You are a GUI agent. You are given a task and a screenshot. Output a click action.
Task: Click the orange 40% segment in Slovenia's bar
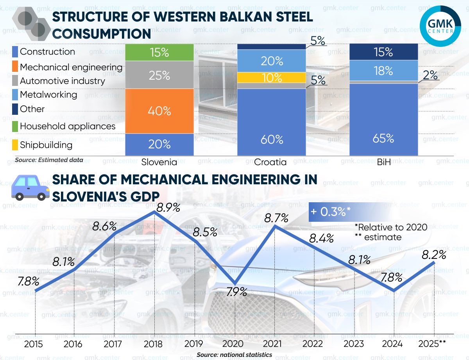159,111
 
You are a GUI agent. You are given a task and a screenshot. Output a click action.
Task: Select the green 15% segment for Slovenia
159,52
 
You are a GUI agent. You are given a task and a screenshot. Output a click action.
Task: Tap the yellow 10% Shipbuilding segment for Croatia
272,77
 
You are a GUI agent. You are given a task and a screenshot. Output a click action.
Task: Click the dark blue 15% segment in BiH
383,52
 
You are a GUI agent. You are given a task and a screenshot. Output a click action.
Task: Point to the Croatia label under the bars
270,162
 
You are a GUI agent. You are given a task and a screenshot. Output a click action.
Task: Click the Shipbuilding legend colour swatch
15,145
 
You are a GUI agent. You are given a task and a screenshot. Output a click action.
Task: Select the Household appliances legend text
68,126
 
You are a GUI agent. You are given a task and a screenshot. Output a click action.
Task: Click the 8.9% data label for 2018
168,207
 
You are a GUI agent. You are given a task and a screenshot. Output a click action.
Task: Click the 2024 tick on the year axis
393,344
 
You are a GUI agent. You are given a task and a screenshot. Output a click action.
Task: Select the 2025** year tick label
432,344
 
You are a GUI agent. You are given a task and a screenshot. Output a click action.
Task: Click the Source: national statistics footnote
234,355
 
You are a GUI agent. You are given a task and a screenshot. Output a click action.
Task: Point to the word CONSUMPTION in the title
102,34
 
